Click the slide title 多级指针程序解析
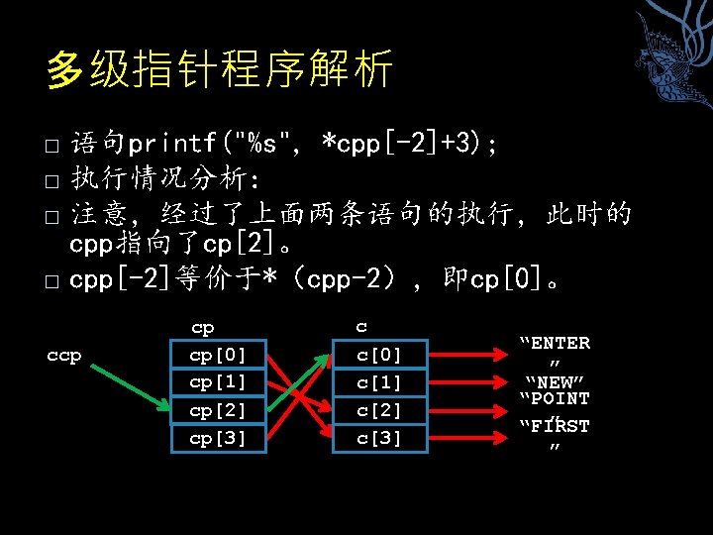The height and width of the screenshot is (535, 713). pyautogui.click(x=220, y=70)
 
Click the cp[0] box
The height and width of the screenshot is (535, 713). pyautogui.click(x=218, y=355)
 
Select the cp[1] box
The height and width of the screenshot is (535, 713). pyautogui.click(x=218, y=381)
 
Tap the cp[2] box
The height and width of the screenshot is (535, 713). pyautogui.click(x=218, y=409)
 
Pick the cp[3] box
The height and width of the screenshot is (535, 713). pyautogui.click(x=218, y=437)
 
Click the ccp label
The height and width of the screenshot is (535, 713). pyautogui.click(x=64, y=355)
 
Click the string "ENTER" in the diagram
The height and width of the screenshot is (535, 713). pyautogui.click(x=555, y=344)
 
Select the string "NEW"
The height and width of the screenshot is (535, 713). pyautogui.click(x=555, y=381)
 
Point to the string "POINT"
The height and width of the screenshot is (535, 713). pyautogui.click(x=555, y=399)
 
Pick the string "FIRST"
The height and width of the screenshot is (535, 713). pyautogui.click(x=555, y=427)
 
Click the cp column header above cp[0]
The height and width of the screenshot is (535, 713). pyautogui.click(x=202, y=327)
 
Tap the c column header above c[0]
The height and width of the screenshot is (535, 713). pyautogui.click(x=361, y=327)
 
